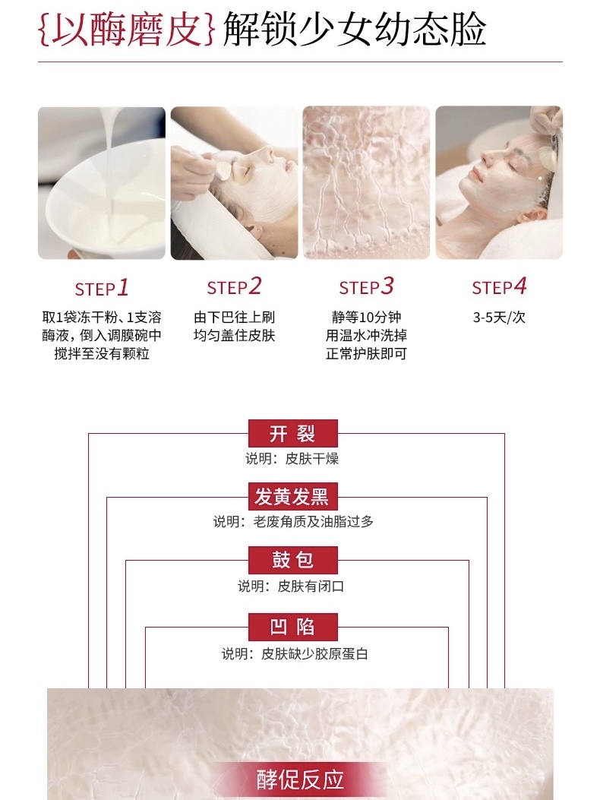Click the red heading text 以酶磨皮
(127, 30)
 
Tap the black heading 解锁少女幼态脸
(354, 30)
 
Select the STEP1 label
(102, 288)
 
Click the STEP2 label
(234, 286)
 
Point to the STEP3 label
(366, 286)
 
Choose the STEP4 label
(499, 286)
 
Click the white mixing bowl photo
(102, 182)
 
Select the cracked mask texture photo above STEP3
(366, 182)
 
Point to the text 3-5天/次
(499, 318)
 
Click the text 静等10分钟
(366, 318)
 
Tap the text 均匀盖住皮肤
(234, 336)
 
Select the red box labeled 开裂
(293, 433)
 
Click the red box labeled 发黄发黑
(293, 496)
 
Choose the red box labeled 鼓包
(293, 560)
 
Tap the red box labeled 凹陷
(293, 627)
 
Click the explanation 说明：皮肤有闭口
(292, 587)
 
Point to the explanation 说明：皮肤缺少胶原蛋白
(295, 653)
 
